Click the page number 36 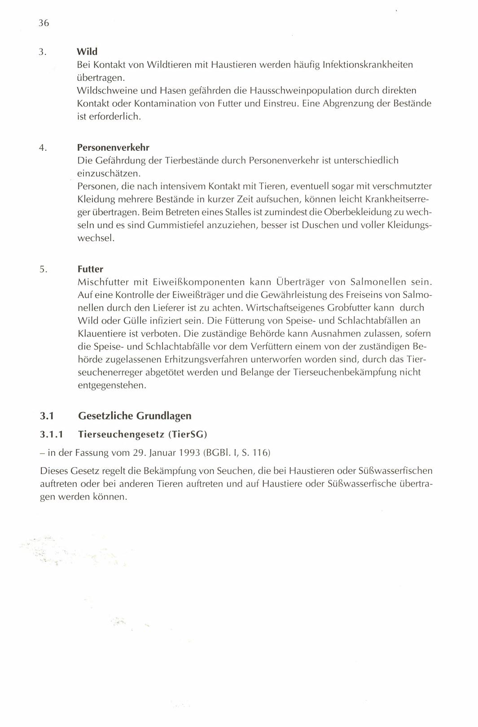(44, 23)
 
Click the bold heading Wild (87, 51)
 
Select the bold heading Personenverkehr (113, 147)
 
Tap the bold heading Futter (90, 269)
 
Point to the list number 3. (42, 52)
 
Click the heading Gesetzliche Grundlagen (135, 416)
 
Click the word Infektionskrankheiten (368, 65)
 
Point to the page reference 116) (261, 452)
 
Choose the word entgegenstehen (112, 385)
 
